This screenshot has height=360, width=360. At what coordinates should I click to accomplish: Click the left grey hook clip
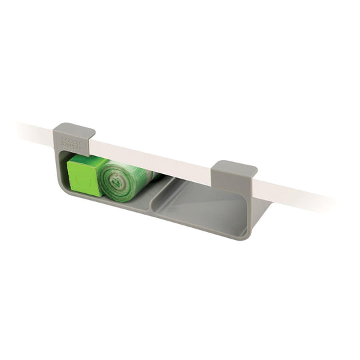pos(73,136)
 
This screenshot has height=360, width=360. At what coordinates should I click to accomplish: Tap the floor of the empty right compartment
pos(200,210)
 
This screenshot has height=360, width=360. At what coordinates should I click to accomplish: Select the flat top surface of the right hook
pos(235,167)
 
